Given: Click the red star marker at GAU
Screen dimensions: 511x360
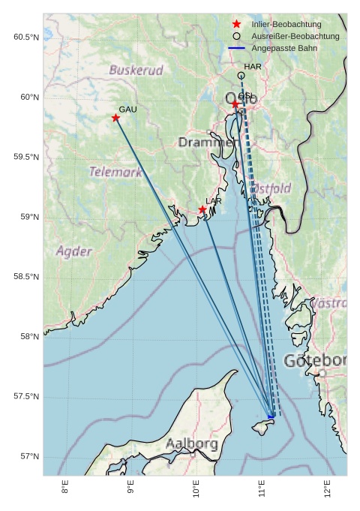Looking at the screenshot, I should tap(115, 118).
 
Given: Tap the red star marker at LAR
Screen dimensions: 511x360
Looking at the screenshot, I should tap(202, 209).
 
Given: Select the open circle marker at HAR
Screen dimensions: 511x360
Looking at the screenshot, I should tap(241, 76).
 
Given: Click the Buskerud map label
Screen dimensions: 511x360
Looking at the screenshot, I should tap(136, 71).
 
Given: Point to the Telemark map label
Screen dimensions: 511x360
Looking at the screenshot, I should tap(115, 172).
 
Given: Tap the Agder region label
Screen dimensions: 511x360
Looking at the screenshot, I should tap(73, 251).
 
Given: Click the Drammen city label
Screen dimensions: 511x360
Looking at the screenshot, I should tap(207, 143).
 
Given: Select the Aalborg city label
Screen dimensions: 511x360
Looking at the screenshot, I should tap(192, 443).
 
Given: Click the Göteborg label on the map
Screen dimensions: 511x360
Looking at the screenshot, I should tap(315, 361).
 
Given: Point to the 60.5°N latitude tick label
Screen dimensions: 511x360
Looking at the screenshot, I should tap(26, 38).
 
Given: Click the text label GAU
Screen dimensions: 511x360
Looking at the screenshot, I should tap(127, 110).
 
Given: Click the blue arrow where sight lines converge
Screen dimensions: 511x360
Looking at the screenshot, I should tap(271, 416).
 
